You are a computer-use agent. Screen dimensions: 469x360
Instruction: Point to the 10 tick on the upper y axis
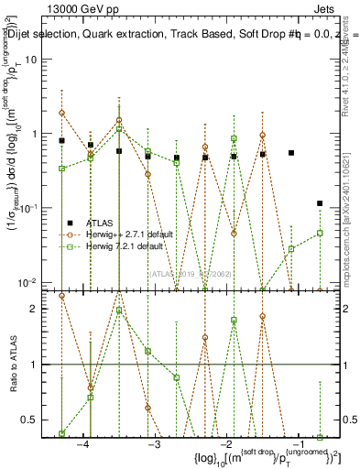(40, 59)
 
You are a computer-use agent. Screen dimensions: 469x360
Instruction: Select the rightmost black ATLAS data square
(320, 203)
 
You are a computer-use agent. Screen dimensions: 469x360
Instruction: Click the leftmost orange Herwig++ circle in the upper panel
(61, 113)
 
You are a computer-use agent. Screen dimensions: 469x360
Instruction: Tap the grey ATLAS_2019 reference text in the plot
(194, 274)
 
